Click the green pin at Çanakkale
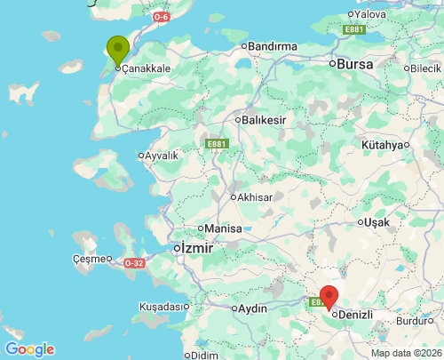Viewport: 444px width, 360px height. click(x=117, y=50)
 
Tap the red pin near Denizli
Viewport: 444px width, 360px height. click(x=329, y=296)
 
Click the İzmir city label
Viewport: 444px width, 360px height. click(x=195, y=248)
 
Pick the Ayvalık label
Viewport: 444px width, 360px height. click(x=162, y=156)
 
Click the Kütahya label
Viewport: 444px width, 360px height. click(x=383, y=145)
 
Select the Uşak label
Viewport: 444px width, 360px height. click(x=377, y=222)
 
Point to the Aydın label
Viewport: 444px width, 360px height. click(x=252, y=308)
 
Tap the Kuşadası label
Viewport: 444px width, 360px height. click(x=160, y=307)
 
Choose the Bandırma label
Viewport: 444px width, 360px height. click(x=273, y=45)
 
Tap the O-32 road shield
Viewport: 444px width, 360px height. click(x=134, y=263)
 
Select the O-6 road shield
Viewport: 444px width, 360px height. click(x=161, y=17)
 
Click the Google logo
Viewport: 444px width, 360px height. click(x=29, y=349)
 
